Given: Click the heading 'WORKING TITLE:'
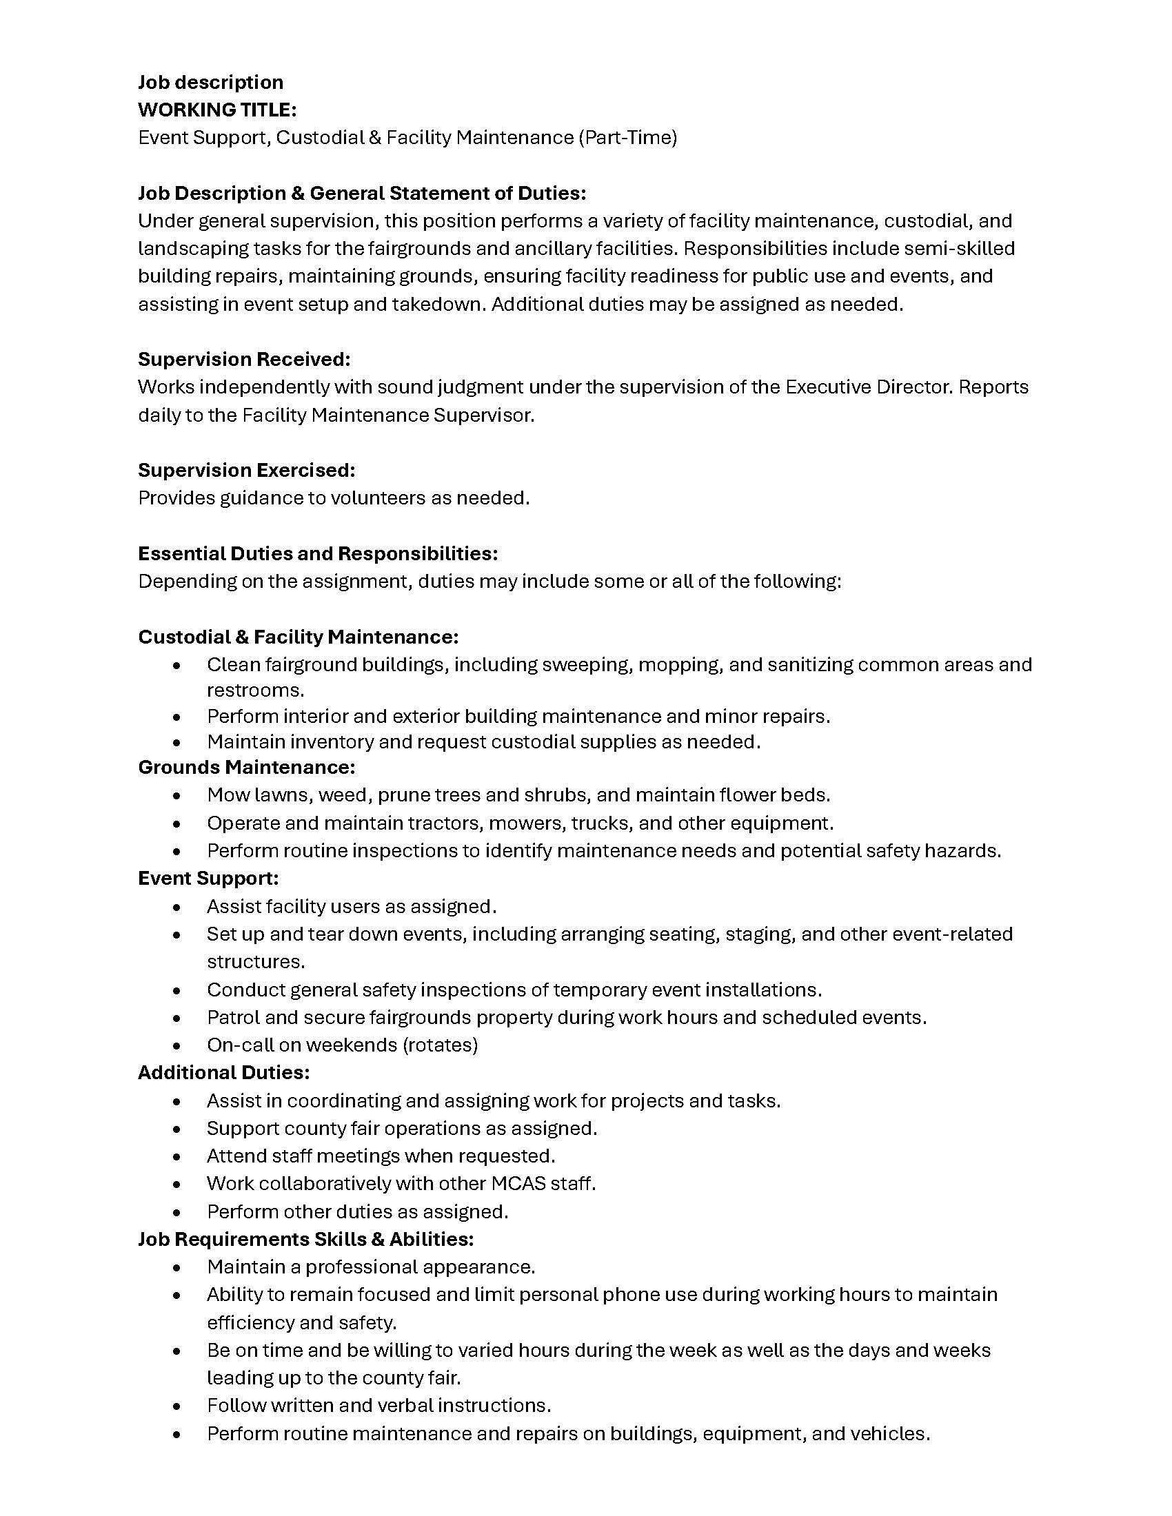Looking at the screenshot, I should tap(217, 110).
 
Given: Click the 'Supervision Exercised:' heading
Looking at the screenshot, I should tap(247, 471).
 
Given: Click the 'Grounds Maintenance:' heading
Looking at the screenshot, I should tap(247, 767).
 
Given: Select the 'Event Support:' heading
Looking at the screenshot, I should tap(208, 878).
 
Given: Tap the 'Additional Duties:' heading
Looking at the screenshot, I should tap(223, 1072).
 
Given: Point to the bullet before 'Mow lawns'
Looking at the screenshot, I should tap(178, 795).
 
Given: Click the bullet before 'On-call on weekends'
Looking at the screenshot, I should tap(178, 1045).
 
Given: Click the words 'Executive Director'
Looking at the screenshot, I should tap(868, 387).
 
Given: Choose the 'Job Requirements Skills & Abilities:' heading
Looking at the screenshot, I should tap(305, 1239).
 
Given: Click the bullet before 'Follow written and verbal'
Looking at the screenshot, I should tap(178, 1406).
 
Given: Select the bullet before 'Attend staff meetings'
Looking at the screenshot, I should tap(178, 1156).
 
